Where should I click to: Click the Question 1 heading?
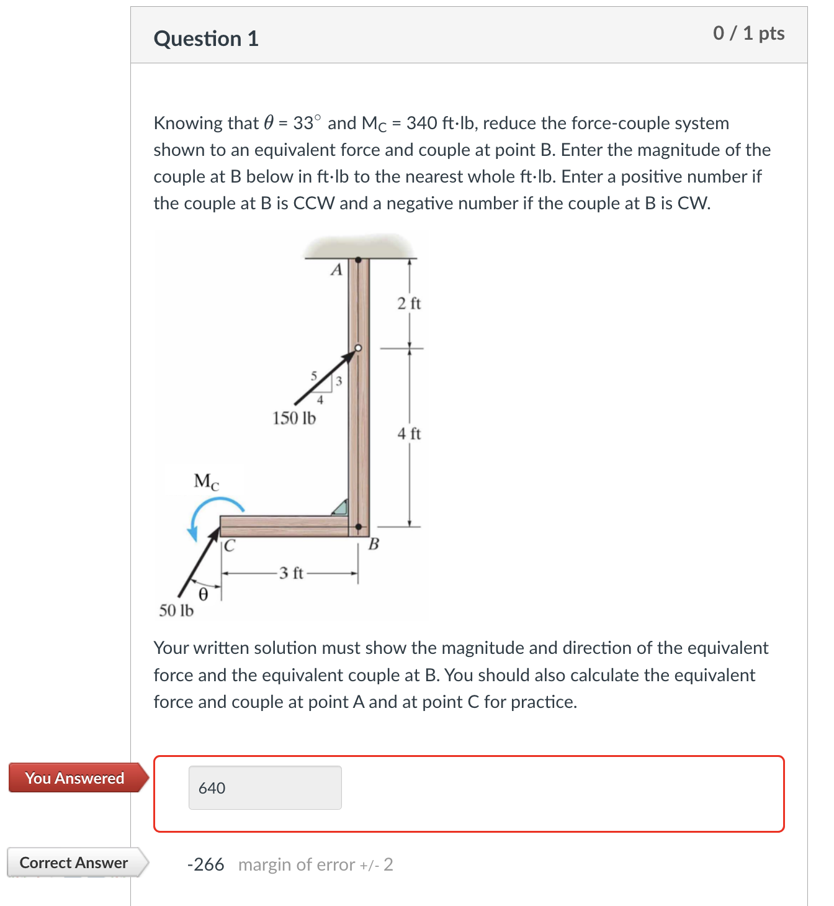tap(206, 39)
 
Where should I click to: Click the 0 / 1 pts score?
tap(748, 33)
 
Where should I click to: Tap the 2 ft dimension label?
tap(409, 304)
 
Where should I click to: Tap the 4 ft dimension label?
tap(409, 433)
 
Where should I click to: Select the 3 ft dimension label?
tap(290, 573)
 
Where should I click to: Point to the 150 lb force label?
tap(294, 419)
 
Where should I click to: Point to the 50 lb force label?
tap(176, 611)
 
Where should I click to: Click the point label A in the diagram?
tap(336, 270)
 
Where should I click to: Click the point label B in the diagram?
tap(374, 545)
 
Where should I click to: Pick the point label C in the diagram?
tap(230, 546)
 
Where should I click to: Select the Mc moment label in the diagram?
tap(206, 481)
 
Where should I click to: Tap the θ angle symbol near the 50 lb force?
tap(203, 594)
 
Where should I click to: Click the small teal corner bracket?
tap(340, 507)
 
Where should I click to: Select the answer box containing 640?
tap(265, 787)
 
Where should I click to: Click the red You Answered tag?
tap(75, 778)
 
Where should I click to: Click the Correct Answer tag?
tap(74, 863)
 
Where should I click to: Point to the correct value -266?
tap(205, 864)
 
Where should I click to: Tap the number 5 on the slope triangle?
tap(314, 376)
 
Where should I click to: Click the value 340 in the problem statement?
tap(421, 123)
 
